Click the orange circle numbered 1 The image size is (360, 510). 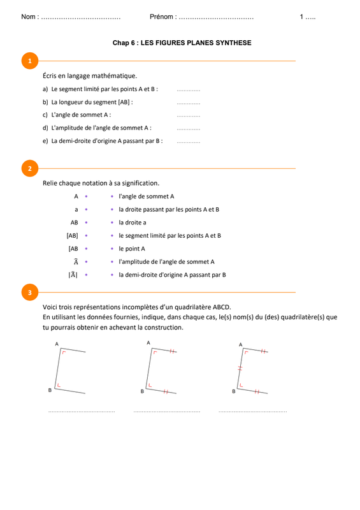30,61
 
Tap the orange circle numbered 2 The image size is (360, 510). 30,168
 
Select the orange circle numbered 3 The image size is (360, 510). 30,293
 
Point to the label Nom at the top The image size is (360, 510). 28,17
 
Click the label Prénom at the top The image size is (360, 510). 161,17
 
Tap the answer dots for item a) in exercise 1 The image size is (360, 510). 189,91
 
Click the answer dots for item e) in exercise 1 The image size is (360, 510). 189,142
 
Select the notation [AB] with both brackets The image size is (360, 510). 72,235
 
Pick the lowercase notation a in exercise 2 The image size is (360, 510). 76,210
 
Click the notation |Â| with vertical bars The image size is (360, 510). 73,275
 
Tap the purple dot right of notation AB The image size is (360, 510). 86,222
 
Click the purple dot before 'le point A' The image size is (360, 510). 112,249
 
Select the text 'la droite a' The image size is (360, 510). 133,222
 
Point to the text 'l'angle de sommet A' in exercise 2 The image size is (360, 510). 147,196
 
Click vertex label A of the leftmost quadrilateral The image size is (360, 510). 57,344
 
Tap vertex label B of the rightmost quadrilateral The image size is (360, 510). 233,391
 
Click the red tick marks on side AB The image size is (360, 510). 240,368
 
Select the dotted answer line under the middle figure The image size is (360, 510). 167,412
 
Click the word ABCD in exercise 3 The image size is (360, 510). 222,307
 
